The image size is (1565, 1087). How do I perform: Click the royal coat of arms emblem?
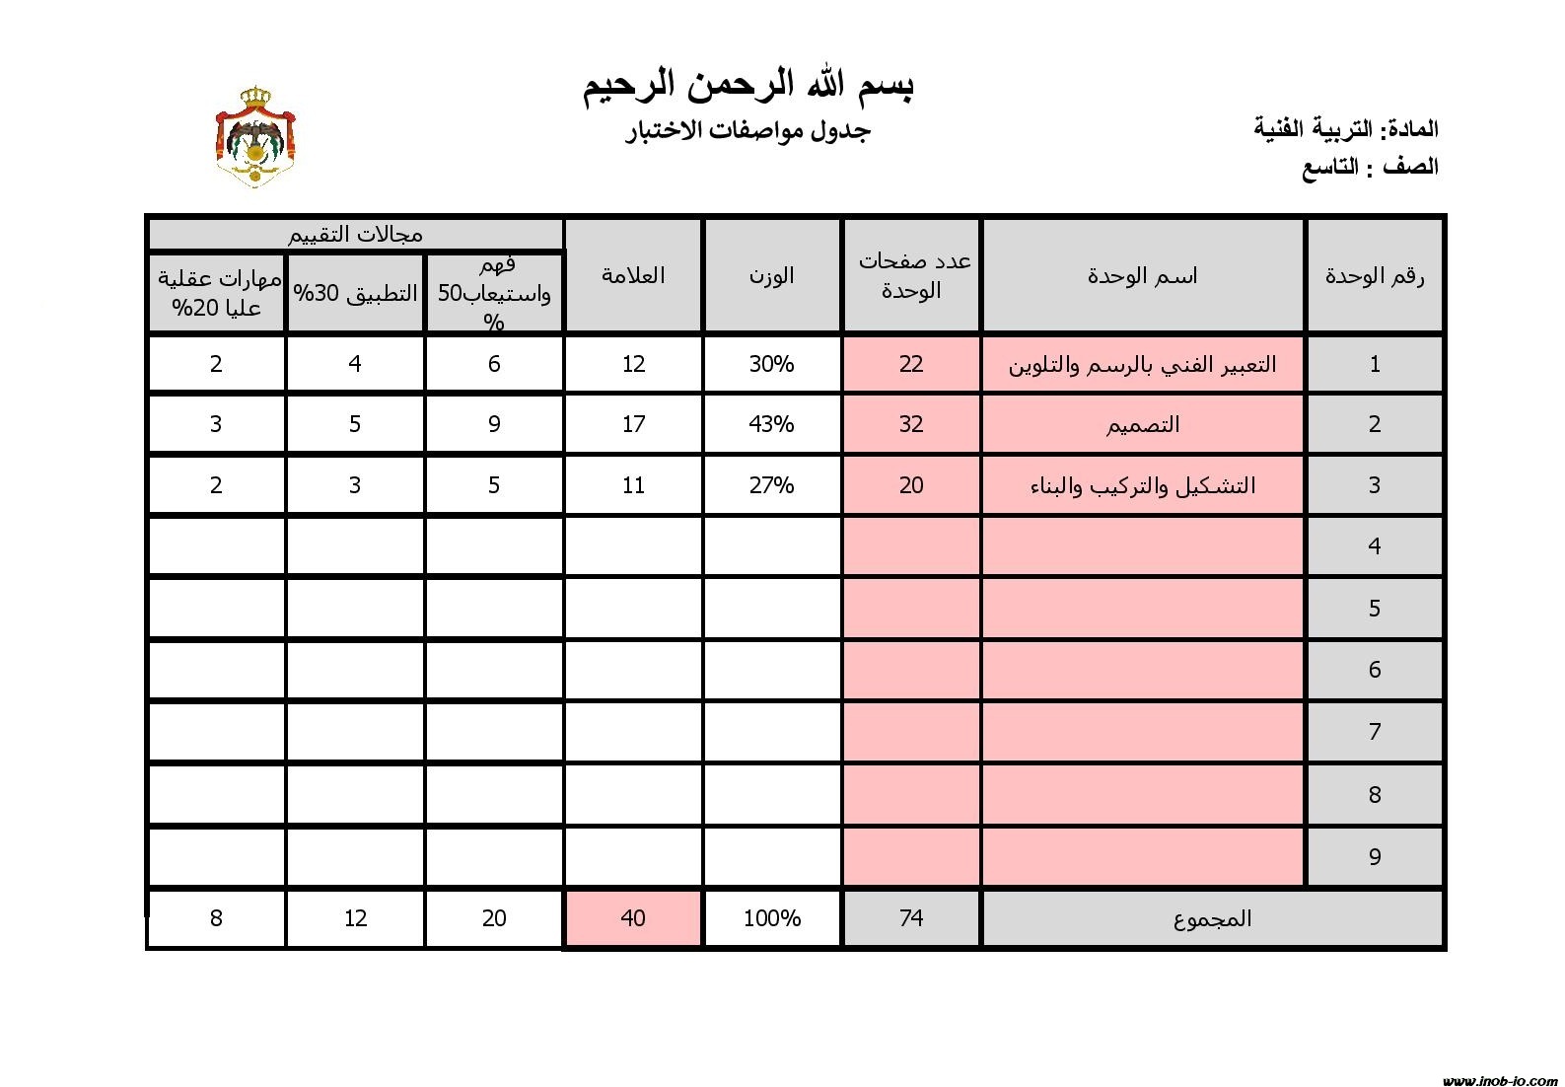click(x=255, y=137)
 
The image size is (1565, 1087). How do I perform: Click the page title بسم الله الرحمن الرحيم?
click(x=748, y=86)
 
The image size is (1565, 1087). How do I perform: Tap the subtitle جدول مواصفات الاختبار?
click(x=748, y=130)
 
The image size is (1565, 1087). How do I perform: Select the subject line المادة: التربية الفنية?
click(x=1345, y=128)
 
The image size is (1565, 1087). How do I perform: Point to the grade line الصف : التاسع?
click(x=1370, y=167)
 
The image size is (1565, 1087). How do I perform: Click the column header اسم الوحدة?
click(x=1142, y=276)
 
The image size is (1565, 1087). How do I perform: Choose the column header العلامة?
click(x=633, y=275)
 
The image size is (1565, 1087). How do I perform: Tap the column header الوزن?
click(x=771, y=275)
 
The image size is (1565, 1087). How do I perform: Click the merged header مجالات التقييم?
click(x=355, y=234)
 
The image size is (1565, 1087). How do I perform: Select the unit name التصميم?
click(x=1142, y=425)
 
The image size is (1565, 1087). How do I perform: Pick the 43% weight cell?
click(x=771, y=424)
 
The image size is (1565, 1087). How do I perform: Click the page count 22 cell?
click(x=910, y=364)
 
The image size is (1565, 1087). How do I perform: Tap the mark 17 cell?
click(x=633, y=424)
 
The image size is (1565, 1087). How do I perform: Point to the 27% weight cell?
click(x=771, y=485)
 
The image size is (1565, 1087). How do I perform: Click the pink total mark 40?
click(x=633, y=918)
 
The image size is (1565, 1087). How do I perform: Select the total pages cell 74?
click(x=910, y=918)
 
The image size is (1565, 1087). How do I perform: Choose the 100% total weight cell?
click(x=771, y=918)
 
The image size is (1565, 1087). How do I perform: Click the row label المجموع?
click(x=1212, y=918)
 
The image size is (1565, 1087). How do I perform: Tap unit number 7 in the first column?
click(x=1374, y=732)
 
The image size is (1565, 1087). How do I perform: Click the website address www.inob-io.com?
click(x=1499, y=1080)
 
